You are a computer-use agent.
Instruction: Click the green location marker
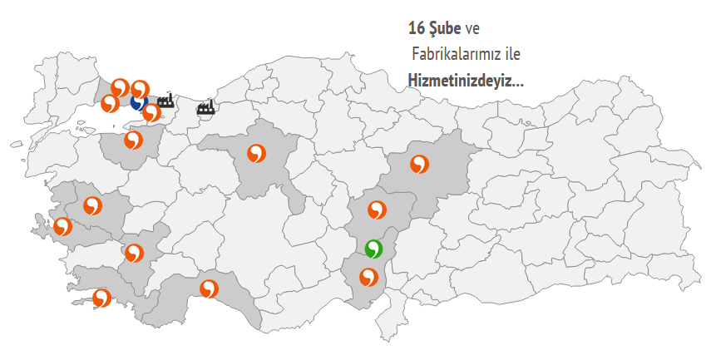373,249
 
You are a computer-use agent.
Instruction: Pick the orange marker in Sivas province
419,164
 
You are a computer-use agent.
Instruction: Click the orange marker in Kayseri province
378,210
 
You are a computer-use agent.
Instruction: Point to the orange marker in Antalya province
209,289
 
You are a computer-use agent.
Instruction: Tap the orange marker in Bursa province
133,140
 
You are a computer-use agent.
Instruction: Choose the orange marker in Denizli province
133,253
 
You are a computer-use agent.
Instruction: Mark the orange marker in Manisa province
92,205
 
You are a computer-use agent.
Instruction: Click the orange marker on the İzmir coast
62,226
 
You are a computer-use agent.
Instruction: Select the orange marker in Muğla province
101,298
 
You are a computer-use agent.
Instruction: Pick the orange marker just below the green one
368,277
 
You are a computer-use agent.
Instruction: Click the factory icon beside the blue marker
165,101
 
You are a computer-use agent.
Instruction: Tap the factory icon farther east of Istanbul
205,106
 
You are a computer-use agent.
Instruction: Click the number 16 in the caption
416,29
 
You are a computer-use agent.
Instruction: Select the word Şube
445,29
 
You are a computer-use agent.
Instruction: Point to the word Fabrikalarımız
458,56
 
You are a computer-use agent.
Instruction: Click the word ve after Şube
472,29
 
